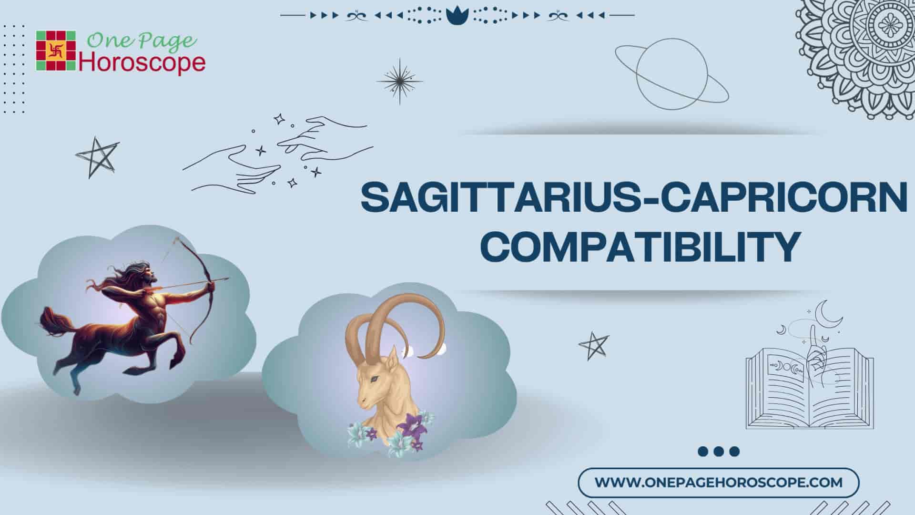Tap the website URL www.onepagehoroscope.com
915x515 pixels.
tap(719, 482)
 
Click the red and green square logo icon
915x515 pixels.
tap(56, 51)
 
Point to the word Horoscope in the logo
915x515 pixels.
tap(142, 63)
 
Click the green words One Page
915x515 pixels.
tap(142, 41)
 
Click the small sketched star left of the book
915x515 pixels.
tap(593, 345)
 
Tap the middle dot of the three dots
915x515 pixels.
tap(718, 452)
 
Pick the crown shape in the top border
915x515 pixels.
tap(457, 16)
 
